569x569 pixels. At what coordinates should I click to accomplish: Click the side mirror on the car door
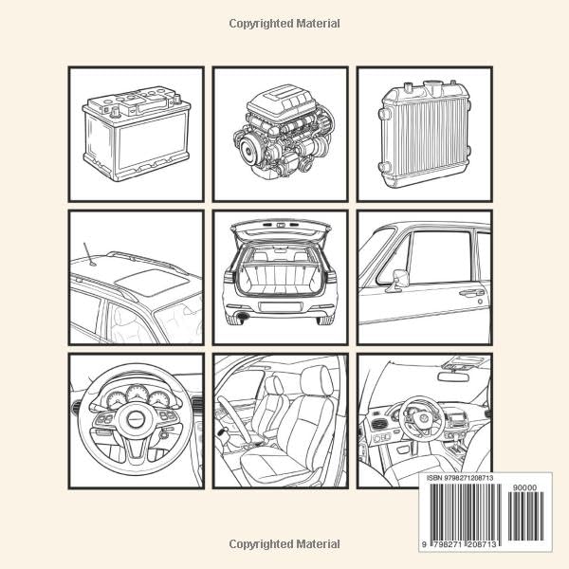400,278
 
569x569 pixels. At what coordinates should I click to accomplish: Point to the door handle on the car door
471,292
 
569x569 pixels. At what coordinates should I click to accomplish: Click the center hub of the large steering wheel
136,419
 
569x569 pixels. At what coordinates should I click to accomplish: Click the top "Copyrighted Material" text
284,24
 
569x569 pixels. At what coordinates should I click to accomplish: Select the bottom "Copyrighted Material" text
284,544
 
